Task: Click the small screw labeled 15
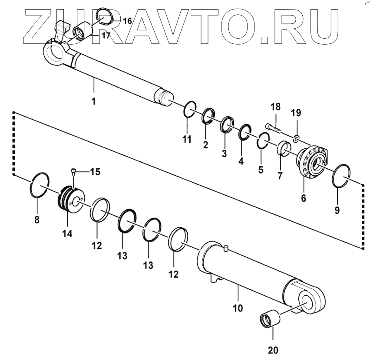(x=74, y=172)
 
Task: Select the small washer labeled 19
(x=295, y=138)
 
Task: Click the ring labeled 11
(x=189, y=109)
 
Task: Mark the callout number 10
(x=238, y=309)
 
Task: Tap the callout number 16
(x=127, y=21)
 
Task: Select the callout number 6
(x=304, y=199)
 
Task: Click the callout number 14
(x=66, y=233)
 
